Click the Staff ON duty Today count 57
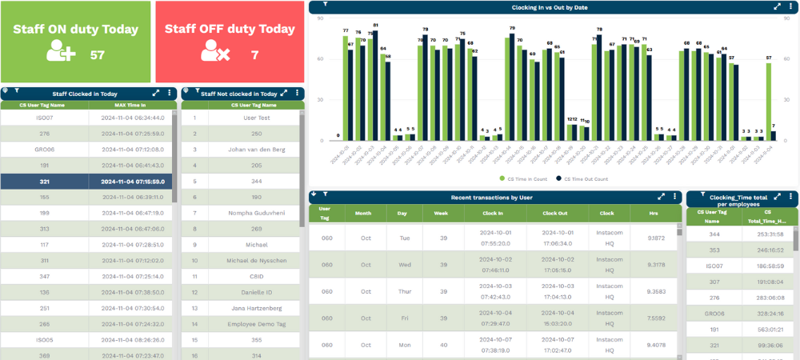[x=98, y=55]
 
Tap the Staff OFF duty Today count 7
[x=254, y=55]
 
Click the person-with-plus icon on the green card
[x=61, y=54]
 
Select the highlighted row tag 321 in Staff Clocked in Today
[x=45, y=182]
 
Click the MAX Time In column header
[x=131, y=105]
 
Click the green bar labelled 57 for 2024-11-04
[x=769, y=102]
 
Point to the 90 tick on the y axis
[x=319, y=17]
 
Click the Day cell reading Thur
[x=405, y=291]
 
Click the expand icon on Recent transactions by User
[x=662, y=196]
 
